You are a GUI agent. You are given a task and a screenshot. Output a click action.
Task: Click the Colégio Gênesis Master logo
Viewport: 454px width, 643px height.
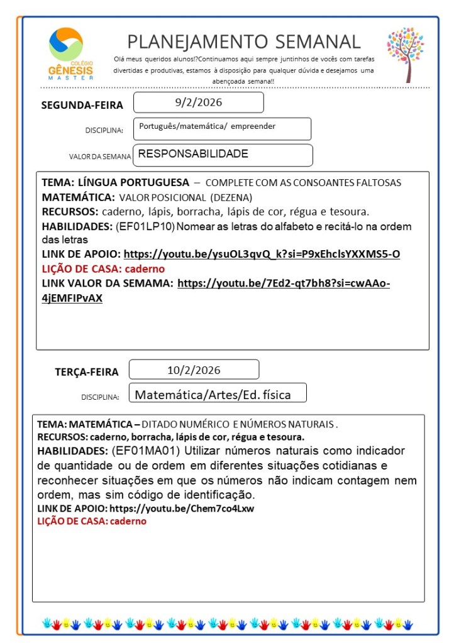[70, 53]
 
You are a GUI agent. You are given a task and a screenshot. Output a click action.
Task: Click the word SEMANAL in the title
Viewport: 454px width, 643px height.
[314, 41]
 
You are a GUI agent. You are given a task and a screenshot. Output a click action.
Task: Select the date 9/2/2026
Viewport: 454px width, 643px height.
[198, 102]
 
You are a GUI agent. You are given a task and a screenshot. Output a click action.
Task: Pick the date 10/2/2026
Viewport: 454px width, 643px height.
[194, 370]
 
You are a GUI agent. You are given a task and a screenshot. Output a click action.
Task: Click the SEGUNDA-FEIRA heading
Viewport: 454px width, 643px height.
[82, 105]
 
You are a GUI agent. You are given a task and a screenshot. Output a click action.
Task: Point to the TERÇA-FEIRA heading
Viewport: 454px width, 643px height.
[87, 371]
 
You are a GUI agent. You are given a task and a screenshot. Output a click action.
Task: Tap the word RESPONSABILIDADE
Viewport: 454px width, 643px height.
[192, 154]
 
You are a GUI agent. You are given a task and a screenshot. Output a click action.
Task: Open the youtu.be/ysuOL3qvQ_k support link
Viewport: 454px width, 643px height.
[262, 255]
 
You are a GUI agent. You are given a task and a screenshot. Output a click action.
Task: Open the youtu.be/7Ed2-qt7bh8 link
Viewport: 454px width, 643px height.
[284, 283]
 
